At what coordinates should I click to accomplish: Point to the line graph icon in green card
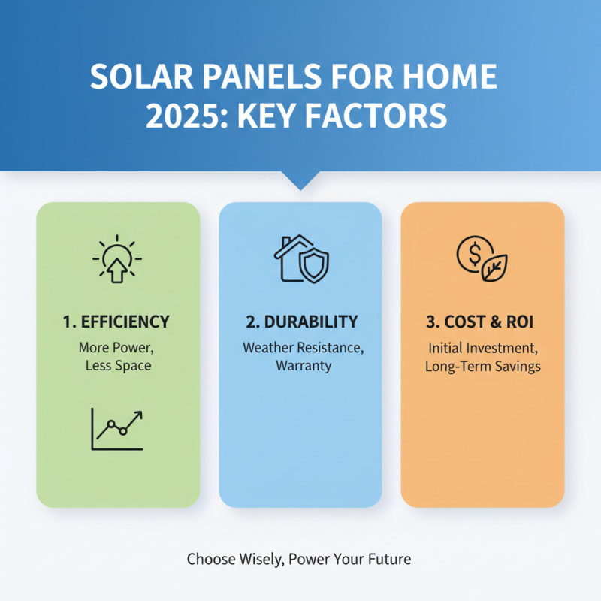117,429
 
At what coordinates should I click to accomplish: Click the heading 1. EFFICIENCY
117,322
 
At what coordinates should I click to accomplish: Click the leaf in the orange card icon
494,268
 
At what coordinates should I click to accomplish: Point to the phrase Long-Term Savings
482,367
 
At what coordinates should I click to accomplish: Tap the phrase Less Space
118,367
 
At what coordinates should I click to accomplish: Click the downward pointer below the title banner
300,180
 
